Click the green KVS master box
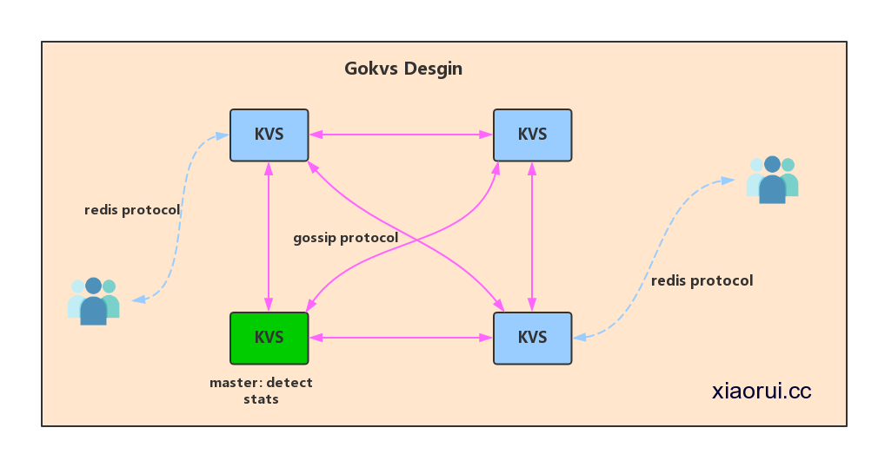point(269,338)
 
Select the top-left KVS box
point(269,135)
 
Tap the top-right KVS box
point(532,135)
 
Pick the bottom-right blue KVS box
point(532,338)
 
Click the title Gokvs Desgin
point(402,69)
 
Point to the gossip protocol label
point(345,238)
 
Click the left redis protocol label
point(132,210)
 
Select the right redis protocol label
point(702,280)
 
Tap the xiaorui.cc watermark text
point(761,391)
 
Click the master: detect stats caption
point(261,391)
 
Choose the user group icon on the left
point(93,300)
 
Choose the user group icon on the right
point(772,179)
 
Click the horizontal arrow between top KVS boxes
point(401,135)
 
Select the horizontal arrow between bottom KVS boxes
point(401,338)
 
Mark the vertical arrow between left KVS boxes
point(269,236)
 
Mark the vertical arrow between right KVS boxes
point(532,236)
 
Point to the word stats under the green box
point(261,399)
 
